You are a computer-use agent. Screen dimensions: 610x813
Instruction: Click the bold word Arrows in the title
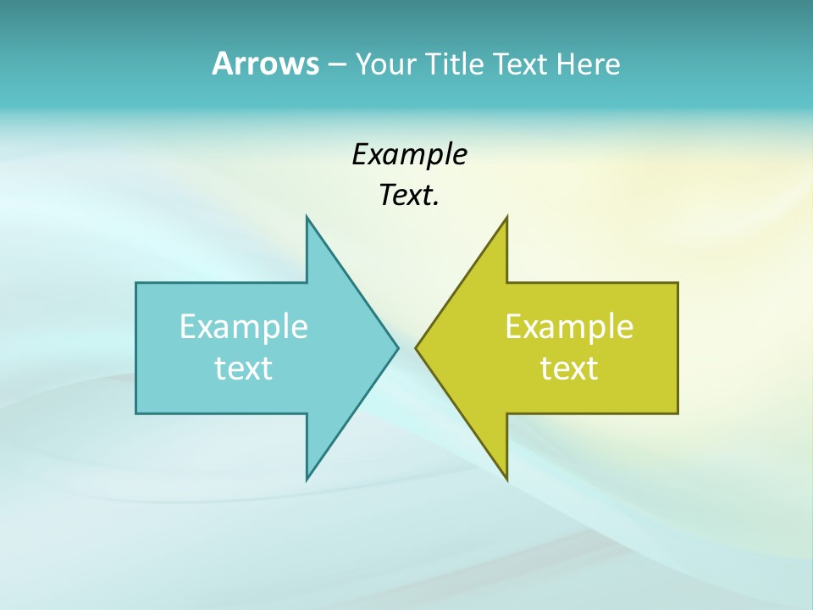(x=265, y=64)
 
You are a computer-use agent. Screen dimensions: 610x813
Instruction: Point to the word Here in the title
(x=588, y=64)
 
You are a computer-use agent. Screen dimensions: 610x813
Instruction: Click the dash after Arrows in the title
(x=336, y=65)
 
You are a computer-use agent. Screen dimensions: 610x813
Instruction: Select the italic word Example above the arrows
(x=409, y=155)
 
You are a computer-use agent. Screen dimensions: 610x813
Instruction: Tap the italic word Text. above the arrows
(x=409, y=196)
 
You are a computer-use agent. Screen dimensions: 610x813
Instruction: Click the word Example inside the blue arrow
(x=244, y=327)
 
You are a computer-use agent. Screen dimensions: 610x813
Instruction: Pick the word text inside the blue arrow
(x=244, y=369)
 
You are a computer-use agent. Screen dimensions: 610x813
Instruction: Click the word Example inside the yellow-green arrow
(x=569, y=327)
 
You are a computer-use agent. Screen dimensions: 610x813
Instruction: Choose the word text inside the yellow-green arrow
(x=569, y=369)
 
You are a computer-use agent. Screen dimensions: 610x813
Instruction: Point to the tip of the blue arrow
(x=398, y=347)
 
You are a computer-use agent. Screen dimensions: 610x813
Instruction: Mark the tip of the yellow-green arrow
(x=416, y=347)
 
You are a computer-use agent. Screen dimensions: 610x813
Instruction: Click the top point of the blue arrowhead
(x=307, y=217)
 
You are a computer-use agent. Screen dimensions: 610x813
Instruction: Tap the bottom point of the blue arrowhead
(x=307, y=480)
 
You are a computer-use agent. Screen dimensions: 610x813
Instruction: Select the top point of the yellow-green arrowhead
(x=506, y=217)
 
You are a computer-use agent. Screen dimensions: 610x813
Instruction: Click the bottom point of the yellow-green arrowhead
(x=506, y=480)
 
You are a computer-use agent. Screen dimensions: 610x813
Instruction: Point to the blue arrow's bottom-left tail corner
(x=136, y=413)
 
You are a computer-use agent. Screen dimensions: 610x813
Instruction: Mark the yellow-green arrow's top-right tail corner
(x=677, y=283)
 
